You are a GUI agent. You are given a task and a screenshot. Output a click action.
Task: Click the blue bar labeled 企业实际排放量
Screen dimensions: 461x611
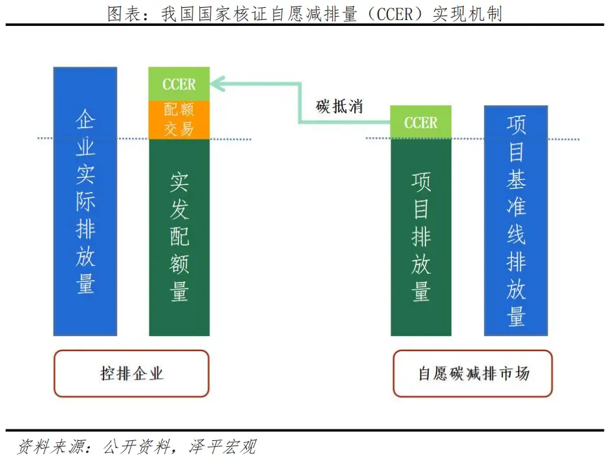[x=85, y=201]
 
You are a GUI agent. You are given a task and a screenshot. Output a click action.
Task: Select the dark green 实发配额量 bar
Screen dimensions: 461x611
[x=179, y=237]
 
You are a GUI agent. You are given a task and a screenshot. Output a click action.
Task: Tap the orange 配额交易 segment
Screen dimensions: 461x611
[x=179, y=120]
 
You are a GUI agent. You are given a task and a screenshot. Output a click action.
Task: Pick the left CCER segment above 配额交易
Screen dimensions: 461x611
[x=179, y=85]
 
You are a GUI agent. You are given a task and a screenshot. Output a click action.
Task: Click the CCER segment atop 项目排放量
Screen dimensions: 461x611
[x=421, y=123]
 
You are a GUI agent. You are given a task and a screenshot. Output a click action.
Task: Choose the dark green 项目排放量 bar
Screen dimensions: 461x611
[x=421, y=237]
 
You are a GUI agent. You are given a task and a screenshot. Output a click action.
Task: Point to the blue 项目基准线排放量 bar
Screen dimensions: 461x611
[x=516, y=220]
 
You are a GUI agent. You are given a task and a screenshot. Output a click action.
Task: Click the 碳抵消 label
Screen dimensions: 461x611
[x=339, y=107]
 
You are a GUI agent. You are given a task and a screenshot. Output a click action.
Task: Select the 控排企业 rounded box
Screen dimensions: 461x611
[x=131, y=373]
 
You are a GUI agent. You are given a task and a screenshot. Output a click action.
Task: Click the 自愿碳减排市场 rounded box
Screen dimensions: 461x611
[x=473, y=373]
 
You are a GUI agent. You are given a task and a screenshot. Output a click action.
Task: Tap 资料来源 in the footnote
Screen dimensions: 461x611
[x=47, y=447]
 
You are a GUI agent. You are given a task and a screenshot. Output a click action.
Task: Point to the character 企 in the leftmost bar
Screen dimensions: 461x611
[x=85, y=120]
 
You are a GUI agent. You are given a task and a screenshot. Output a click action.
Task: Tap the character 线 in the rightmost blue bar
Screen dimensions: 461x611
[x=516, y=234]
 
